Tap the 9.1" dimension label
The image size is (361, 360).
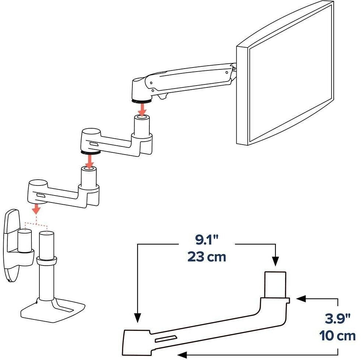[207, 240]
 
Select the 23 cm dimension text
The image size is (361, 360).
[207, 257]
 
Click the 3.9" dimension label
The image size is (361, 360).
[337, 319]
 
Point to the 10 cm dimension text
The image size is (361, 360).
[337, 336]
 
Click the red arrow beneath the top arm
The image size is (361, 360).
[142, 109]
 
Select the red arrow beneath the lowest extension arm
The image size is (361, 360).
[36, 208]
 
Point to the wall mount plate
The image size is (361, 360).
[11, 245]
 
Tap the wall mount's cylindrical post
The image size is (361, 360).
[25, 241]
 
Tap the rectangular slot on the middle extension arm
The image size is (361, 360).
[94, 145]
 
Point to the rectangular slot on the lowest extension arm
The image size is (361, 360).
[41, 195]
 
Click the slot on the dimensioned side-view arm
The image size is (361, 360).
[166, 339]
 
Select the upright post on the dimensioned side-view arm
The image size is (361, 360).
[275, 285]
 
